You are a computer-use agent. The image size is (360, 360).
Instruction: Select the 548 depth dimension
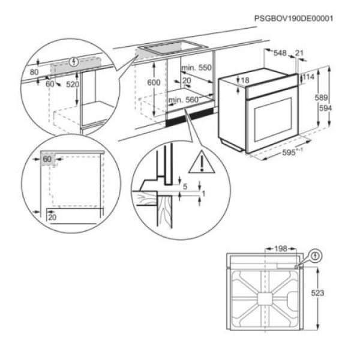(x=280, y=53)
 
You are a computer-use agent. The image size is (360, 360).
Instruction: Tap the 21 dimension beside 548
(x=299, y=53)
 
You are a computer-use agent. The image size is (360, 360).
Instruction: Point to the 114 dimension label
(x=308, y=77)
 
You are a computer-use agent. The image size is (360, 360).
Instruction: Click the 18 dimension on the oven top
(x=245, y=80)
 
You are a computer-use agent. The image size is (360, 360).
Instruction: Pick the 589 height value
(x=322, y=97)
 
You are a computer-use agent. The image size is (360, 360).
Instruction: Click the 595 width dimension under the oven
(x=289, y=152)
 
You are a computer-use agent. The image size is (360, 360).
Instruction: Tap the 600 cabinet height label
(x=154, y=82)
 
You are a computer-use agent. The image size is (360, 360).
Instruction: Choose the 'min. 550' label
(x=197, y=68)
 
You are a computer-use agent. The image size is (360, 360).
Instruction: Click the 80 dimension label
(x=34, y=73)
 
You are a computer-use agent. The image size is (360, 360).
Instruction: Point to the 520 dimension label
(x=73, y=85)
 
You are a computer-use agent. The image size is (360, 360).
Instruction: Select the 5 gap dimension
(x=185, y=187)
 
